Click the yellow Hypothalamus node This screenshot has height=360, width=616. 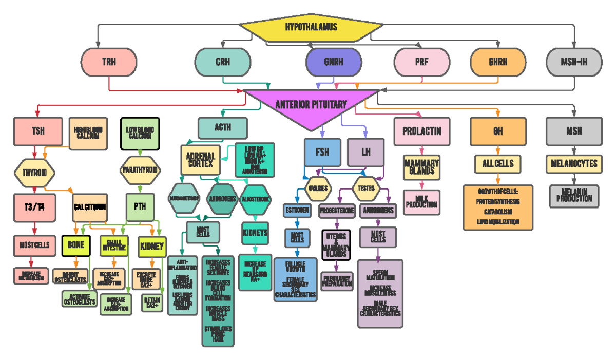(311, 27)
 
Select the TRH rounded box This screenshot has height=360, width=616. (109, 62)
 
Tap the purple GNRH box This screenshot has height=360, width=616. (334, 62)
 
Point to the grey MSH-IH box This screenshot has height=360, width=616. (574, 62)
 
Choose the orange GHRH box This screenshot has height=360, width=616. (498, 62)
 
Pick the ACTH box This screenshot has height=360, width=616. (223, 127)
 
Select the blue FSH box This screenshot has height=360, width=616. (322, 152)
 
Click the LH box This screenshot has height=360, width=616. (365, 152)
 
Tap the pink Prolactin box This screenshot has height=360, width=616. (421, 131)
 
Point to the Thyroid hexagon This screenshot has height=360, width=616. (34, 173)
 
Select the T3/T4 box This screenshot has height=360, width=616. (34, 207)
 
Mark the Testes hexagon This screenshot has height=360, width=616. (365, 188)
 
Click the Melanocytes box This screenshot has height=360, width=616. (574, 164)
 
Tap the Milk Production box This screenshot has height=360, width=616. (421, 202)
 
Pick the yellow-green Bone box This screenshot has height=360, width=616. (76, 245)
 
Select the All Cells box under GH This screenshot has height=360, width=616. (497, 164)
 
